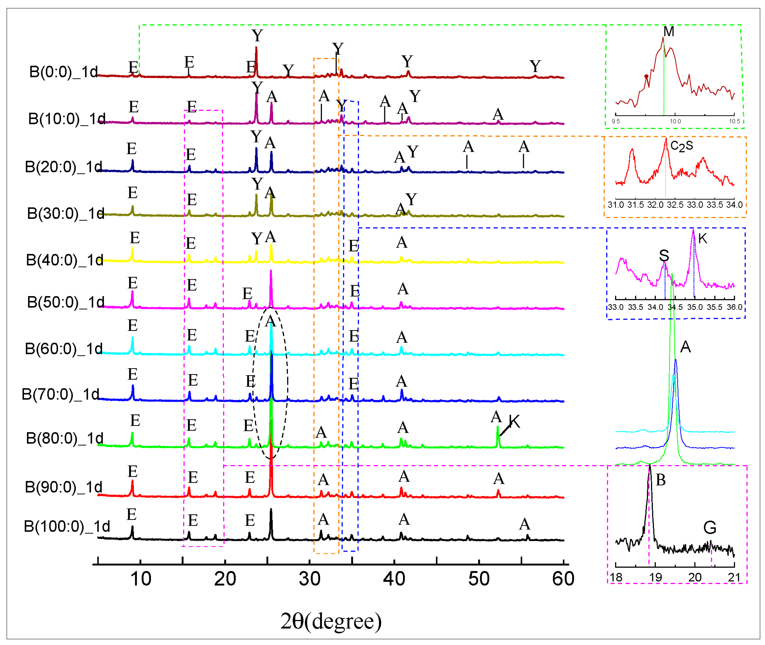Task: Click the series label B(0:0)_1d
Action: click(63, 72)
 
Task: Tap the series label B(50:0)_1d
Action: click(66, 302)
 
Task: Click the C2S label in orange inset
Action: click(681, 146)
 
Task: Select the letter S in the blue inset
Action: click(664, 255)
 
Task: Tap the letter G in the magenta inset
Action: click(709, 528)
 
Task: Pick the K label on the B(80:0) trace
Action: click(514, 422)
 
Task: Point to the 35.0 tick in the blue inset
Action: click(695, 307)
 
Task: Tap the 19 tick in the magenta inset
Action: click(655, 578)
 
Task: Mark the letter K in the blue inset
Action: click(702, 238)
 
